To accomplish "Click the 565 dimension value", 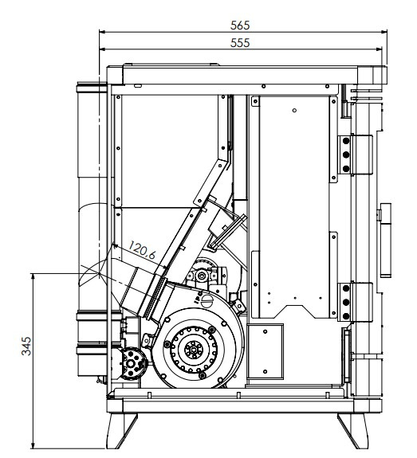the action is click(x=240, y=25).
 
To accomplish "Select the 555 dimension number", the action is click(x=240, y=43).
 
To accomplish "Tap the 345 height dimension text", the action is click(x=26, y=346).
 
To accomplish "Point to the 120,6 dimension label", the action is click(x=142, y=251).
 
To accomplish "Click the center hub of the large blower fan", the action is click(x=194, y=350).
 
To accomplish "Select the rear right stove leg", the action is click(x=353, y=431).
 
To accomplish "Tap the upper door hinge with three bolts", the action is click(x=356, y=155).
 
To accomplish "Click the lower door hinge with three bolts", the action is click(x=356, y=302).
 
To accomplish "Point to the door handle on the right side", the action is click(x=386, y=240).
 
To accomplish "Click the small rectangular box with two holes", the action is click(x=265, y=352).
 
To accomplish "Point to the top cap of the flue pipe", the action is click(x=92, y=88).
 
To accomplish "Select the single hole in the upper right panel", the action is click(x=294, y=111).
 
